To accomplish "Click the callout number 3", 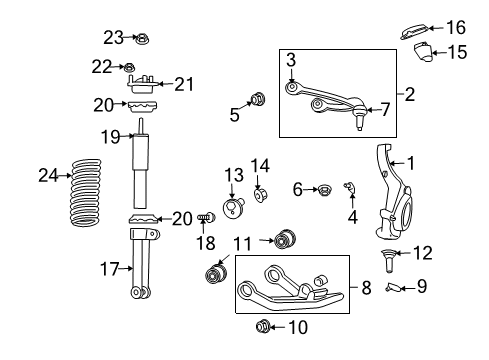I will point(291,62).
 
